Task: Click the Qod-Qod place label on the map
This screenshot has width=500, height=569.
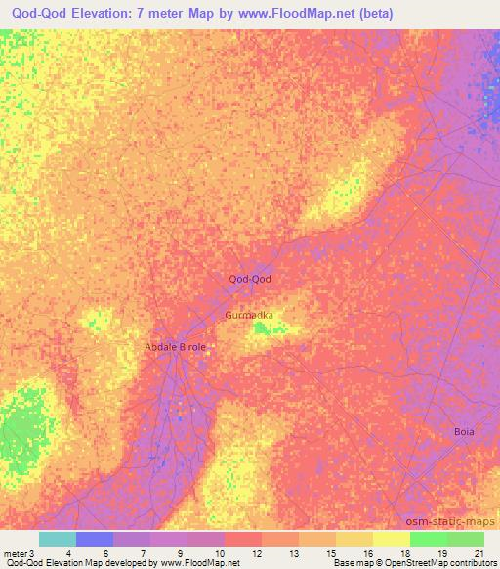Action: [x=249, y=279]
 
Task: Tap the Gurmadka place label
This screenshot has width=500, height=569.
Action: [x=249, y=316]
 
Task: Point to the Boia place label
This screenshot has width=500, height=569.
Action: [x=464, y=431]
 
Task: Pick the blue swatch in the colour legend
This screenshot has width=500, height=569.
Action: [x=94, y=539]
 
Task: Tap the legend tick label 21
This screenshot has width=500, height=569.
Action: [x=478, y=554]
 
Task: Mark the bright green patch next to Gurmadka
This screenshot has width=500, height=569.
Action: [x=264, y=329]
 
